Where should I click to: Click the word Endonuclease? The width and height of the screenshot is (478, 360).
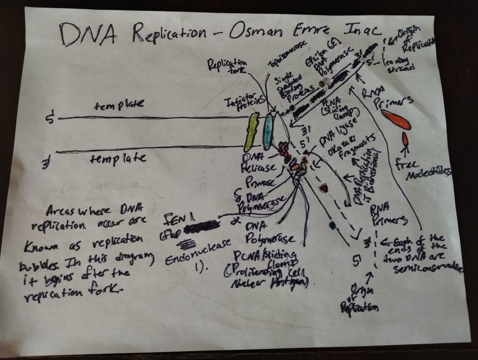coord(194,256)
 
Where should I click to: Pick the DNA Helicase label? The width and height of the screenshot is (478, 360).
coord(257,162)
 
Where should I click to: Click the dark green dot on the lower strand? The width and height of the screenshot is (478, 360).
coord(332,226)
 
